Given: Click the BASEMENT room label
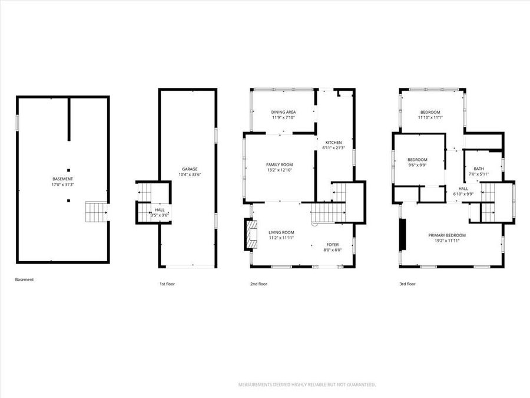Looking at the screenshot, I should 62,179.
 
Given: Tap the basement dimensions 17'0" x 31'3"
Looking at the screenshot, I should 62,185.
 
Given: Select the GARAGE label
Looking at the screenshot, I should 189,169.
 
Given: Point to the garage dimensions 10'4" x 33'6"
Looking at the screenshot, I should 189,175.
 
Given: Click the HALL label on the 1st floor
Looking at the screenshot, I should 160,209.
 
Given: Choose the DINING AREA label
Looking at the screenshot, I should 283,111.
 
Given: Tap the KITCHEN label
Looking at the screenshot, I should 334,142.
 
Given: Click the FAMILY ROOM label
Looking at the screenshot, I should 280,165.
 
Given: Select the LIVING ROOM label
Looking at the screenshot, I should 281,232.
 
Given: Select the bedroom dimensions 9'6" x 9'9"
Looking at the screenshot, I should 418,165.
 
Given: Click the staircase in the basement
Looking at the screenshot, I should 95,212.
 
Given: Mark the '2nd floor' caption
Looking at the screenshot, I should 259,284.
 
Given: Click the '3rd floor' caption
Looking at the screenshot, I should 408,284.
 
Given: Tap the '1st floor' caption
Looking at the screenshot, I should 167,284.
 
